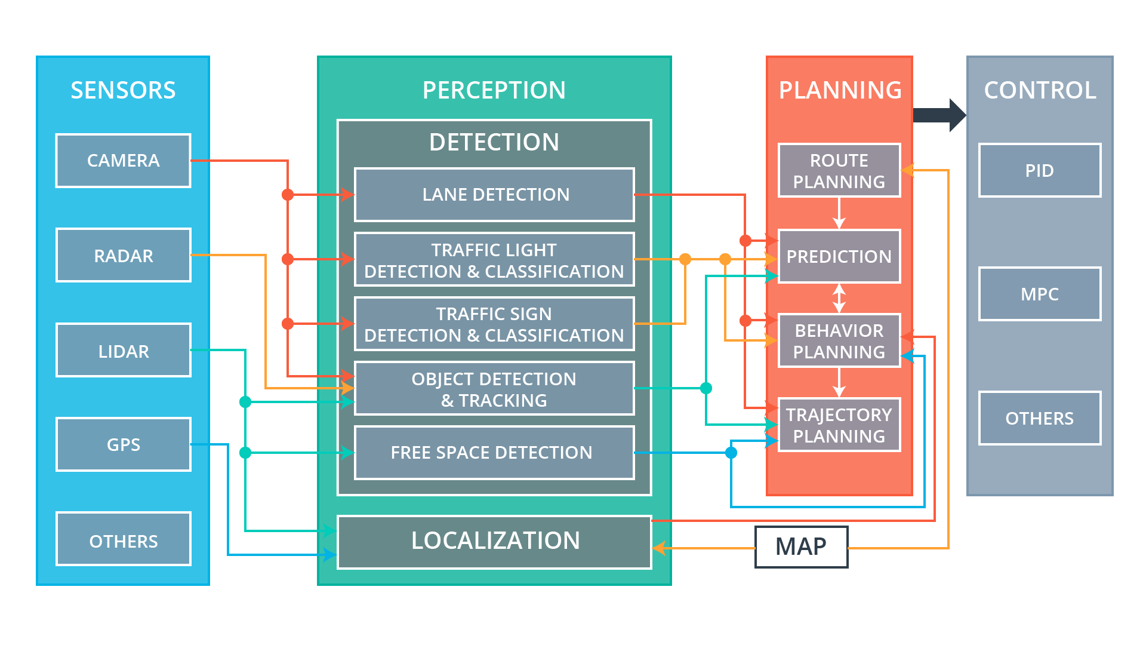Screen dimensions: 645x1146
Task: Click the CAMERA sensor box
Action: point(123,161)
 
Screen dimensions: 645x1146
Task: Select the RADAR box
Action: point(123,256)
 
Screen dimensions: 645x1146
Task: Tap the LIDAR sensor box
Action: point(123,351)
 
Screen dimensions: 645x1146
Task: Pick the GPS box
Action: point(123,444)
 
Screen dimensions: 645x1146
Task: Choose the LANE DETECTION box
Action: point(494,195)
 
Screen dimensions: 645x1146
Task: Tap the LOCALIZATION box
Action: point(494,542)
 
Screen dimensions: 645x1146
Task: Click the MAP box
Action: point(801,546)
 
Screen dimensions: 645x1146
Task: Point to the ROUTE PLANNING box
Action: point(839,171)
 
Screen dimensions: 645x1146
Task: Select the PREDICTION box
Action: point(839,257)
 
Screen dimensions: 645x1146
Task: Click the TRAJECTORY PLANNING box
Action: point(839,425)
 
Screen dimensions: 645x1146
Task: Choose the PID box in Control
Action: point(1039,171)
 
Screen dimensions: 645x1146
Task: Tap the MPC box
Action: point(1039,294)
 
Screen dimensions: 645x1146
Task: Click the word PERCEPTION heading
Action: point(494,90)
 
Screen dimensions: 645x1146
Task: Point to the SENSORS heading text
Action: point(123,90)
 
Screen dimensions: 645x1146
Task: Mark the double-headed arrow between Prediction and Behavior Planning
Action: point(839,299)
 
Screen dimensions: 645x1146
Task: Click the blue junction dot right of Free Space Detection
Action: point(731,453)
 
